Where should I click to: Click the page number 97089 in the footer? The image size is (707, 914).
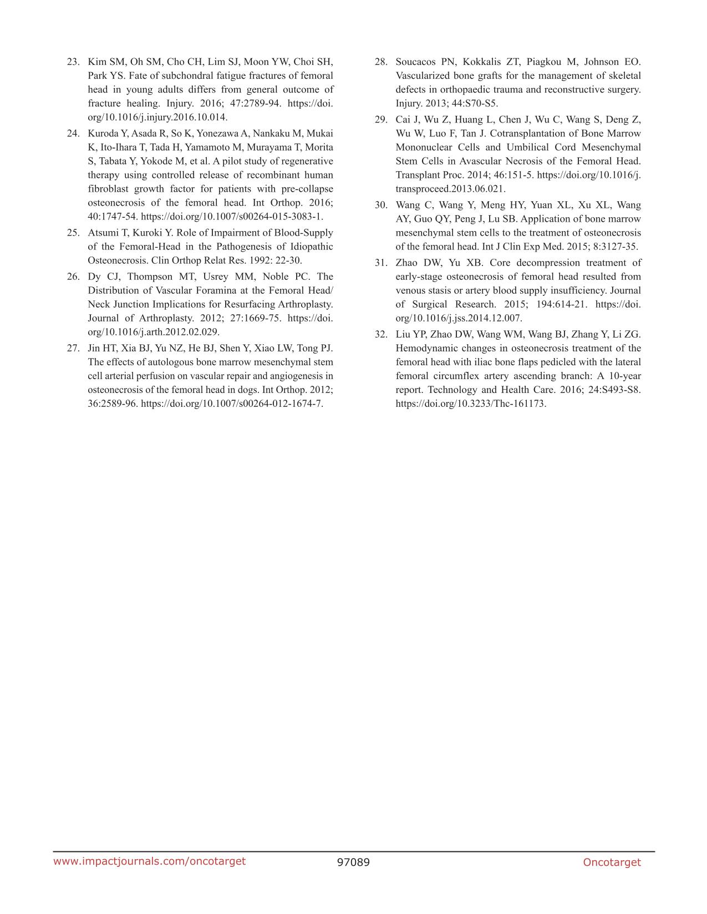pyautogui.click(x=353, y=862)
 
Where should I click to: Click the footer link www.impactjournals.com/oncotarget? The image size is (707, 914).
pyautogui.click(x=149, y=861)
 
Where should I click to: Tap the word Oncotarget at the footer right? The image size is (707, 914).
pyautogui.click(x=612, y=862)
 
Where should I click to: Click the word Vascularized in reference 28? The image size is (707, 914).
pyautogui.click(x=422, y=76)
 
